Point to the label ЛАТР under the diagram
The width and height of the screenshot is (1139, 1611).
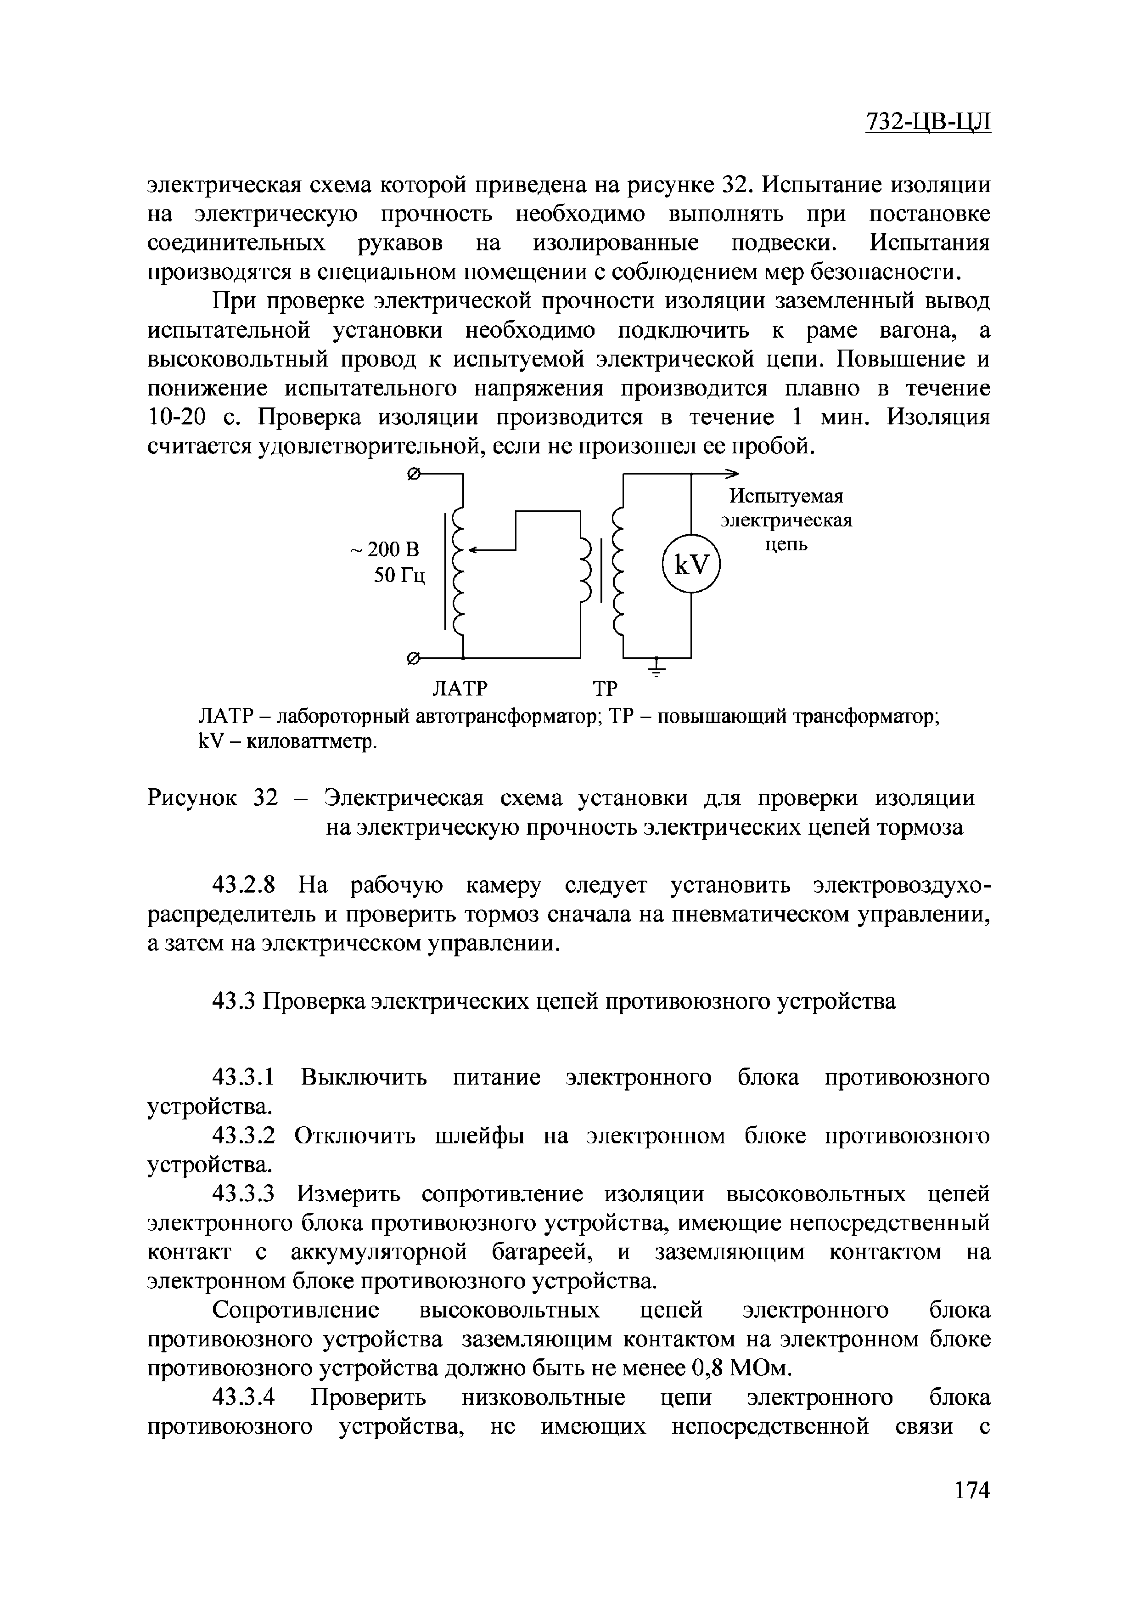click(x=458, y=688)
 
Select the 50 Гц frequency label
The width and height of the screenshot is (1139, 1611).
click(x=399, y=575)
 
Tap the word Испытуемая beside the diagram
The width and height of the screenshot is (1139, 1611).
click(x=786, y=496)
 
